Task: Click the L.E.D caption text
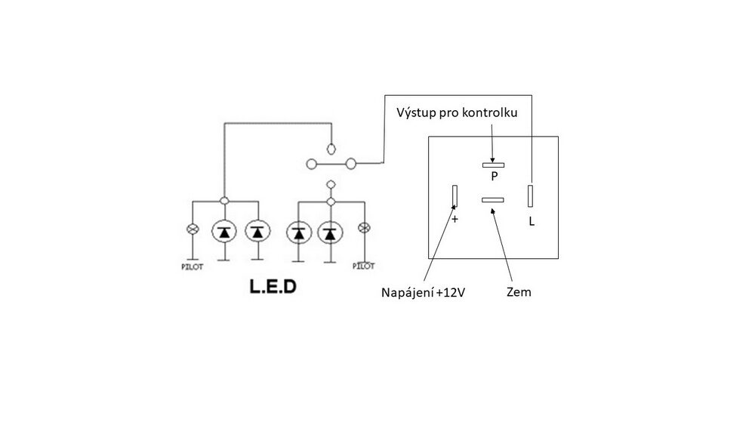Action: click(x=273, y=286)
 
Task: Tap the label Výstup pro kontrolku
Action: click(x=457, y=112)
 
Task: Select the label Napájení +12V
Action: click(x=424, y=293)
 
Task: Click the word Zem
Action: click(x=519, y=291)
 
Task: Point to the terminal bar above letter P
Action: click(x=494, y=165)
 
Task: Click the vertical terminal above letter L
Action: click(x=530, y=196)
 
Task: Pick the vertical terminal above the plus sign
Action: click(x=455, y=196)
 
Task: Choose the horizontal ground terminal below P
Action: click(x=492, y=200)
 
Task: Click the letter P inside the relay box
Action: click(x=494, y=177)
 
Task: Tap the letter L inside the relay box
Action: click(x=532, y=221)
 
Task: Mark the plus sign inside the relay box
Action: click(x=455, y=220)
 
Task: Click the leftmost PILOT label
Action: click(x=192, y=266)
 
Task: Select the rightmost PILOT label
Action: click(x=364, y=266)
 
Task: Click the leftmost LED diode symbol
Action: click(x=224, y=232)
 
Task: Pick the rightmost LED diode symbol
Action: click(x=330, y=233)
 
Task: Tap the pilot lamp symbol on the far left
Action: click(x=193, y=229)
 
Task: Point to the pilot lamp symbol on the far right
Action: click(x=365, y=228)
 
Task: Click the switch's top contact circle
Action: click(x=331, y=149)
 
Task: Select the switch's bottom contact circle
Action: click(x=331, y=184)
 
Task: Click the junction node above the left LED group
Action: click(x=224, y=201)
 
